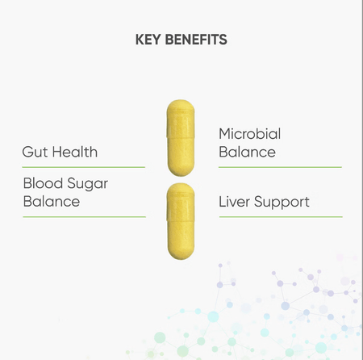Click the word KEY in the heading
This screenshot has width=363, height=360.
point(148,40)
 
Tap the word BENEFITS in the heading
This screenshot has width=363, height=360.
point(196,40)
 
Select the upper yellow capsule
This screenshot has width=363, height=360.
point(181,138)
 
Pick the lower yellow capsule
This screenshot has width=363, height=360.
point(181,221)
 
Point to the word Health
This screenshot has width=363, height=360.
point(75,152)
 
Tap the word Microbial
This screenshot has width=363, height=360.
point(250,134)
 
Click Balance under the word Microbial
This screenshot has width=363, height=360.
point(247,152)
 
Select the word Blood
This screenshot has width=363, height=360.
point(43,183)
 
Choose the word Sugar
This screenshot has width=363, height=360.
point(88,184)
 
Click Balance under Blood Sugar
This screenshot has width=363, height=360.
point(52,202)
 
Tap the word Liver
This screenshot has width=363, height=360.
point(234,202)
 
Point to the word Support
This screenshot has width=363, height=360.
point(282,203)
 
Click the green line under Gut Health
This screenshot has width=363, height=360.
point(84,167)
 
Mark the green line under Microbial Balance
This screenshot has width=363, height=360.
point(280,167)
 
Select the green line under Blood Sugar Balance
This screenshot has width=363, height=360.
point(85,216)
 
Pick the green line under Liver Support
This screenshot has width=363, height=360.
point(281,216)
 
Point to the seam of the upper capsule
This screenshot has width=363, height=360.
point(181,137)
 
